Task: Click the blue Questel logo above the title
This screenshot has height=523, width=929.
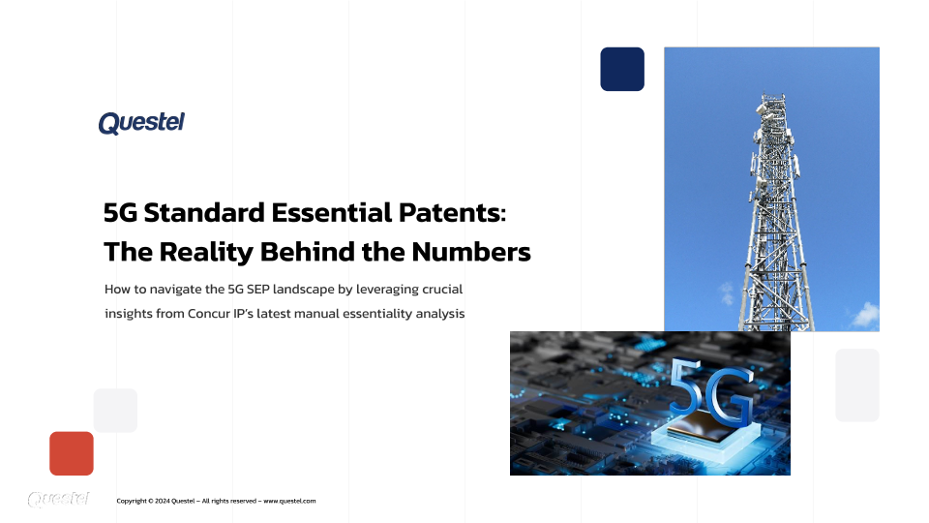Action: (141, 123)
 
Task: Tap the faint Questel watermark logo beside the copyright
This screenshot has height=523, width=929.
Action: (59, 500)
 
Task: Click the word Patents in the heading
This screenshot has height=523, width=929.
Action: (453, 213)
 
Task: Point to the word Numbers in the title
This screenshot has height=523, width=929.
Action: (471, 252)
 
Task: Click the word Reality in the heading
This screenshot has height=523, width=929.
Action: (207, 253)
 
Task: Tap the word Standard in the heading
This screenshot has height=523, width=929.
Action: (204, 213)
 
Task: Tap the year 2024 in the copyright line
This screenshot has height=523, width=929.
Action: (163, 501)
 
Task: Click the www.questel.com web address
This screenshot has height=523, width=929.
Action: (289, 501)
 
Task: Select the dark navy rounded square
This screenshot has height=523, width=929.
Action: (622, 70)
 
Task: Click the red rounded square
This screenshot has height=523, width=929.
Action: (72, 453)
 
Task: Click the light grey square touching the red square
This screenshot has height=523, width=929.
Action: (115, 411)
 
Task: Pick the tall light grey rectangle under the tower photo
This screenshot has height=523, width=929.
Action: (857, 385)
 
